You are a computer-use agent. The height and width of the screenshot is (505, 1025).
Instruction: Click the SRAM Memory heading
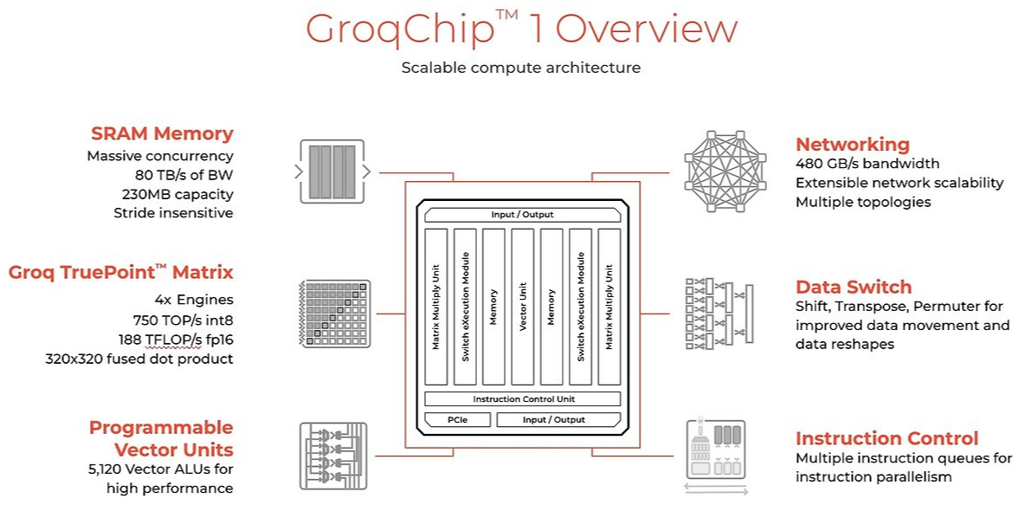click(162, 134)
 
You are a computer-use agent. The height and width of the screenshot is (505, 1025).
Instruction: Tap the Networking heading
click(852, 145)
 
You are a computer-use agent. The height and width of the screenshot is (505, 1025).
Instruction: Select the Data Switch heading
click(854, 287)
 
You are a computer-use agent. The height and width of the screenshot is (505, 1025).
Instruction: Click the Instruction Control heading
click(886, 438)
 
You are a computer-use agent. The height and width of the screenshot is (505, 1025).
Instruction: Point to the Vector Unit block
click(522, 307)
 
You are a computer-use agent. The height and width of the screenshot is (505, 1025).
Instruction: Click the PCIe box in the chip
click(457, 420)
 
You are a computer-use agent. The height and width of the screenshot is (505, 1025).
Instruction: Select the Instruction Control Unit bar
click(523, 399)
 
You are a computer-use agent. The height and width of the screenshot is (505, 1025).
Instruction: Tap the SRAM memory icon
click(332, 170)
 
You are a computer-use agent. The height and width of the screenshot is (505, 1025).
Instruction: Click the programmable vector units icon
click(332, 450)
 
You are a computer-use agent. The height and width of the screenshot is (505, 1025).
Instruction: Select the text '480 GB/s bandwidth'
click(867, 164)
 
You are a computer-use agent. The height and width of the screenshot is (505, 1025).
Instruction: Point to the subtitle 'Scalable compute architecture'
click(521, 67)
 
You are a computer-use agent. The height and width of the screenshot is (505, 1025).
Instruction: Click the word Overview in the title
click(646, 29)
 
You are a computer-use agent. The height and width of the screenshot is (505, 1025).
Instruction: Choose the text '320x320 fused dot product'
click(139, 359)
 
